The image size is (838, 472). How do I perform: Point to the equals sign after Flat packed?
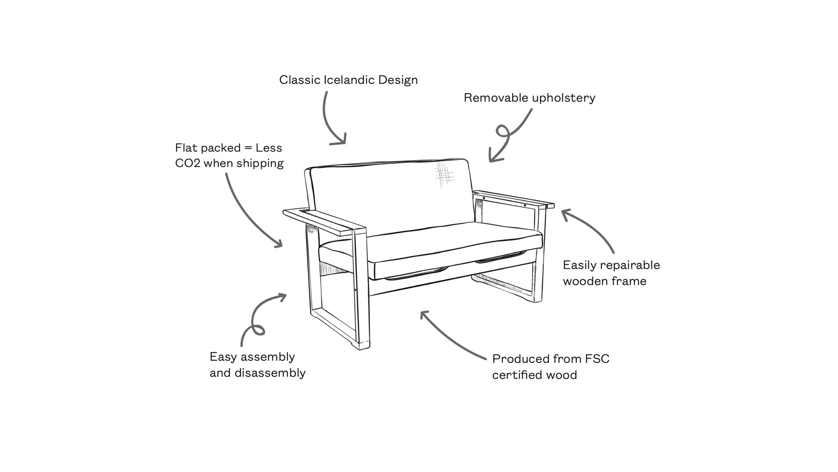[248, 148]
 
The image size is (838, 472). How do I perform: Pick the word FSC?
[597, 359]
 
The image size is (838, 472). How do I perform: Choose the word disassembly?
[270, 373]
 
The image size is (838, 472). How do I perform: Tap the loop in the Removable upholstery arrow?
[503, 132]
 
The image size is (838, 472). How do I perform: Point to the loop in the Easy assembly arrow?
[258, 330]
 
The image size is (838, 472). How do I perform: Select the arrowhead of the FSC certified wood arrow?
[424, 315]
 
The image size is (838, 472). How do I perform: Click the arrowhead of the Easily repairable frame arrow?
[566, 214]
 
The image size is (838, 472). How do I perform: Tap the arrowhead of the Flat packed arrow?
[279, 243]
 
